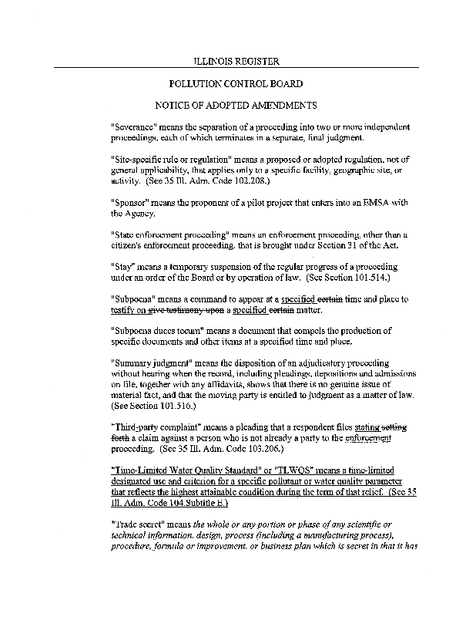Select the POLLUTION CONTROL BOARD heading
tap(235, 83)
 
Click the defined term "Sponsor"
tap(132, 202)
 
